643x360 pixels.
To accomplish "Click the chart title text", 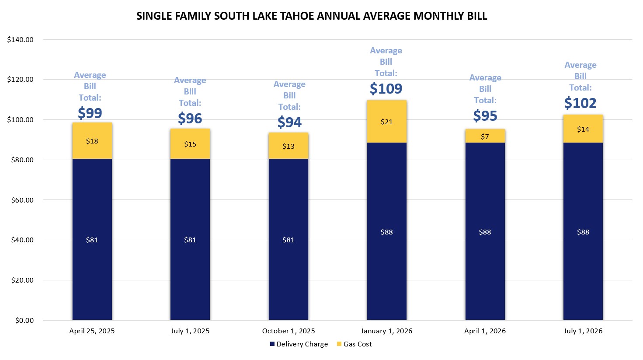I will pos(311,16).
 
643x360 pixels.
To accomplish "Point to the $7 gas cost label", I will pos(485,137).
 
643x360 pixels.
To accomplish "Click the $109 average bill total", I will pos(386,89).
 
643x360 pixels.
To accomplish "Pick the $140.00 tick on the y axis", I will pos(21,40).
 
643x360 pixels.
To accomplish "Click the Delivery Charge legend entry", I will pos(299,344).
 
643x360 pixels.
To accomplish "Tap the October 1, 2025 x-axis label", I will pos(288,331).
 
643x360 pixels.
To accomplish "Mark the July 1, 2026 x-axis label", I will pos(583,331).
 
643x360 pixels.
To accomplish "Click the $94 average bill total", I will pos(289,122).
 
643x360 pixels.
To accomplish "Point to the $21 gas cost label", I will pos(386,122).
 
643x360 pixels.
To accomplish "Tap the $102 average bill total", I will pos(580,103).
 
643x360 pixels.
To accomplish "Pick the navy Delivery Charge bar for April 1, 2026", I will pos(485,262).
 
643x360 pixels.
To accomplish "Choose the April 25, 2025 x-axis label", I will pos(92,331).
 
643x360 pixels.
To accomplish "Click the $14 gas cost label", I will pos(583,129).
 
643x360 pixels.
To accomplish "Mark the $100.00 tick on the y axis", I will pos(21,120).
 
